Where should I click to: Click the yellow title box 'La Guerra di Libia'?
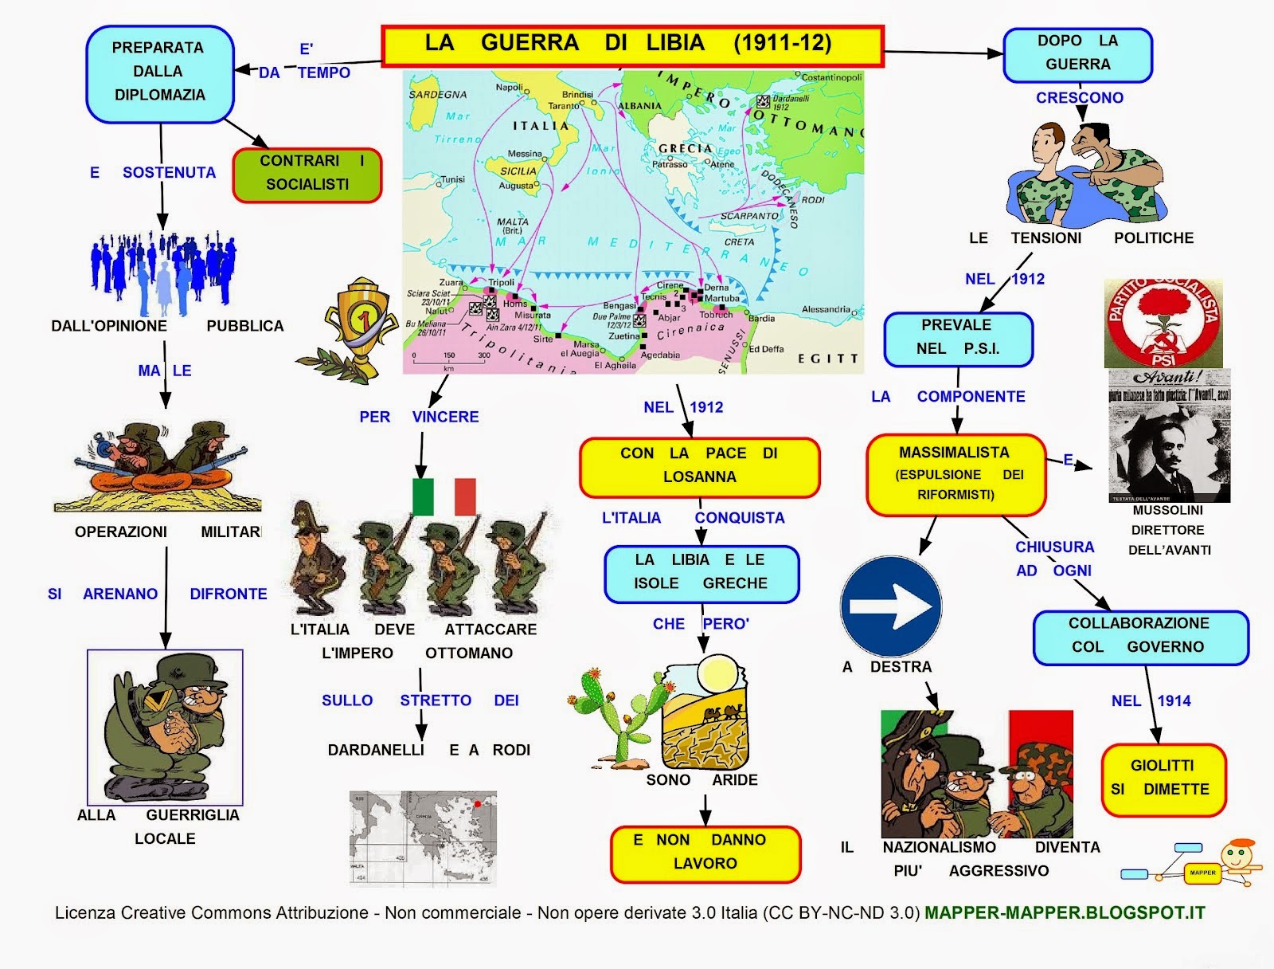(x=632, y=45)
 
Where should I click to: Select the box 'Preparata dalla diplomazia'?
(x=159, y=73)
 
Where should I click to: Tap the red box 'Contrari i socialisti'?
(x=307, y=175)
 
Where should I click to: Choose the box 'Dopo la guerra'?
(x=1077, y=54)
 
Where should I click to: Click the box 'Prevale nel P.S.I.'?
(x=957, y=338)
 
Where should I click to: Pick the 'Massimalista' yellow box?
(x=955, y=474)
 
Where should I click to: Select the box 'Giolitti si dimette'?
(x=1163, y=779)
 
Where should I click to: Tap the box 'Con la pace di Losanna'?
(x=699, y=466)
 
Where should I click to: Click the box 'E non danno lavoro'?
(x=705, y=853)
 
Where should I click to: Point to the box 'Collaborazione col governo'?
(x=1139, y=636)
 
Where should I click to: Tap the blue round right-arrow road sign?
(x=891, y=606)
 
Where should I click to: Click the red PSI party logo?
(x=1163, y=323)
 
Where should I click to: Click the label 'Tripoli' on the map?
(x=501, y=283)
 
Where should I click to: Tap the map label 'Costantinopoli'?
(x=830, y=77)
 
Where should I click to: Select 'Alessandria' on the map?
(x=826, y=309)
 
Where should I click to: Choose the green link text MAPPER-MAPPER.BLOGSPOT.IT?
(x=1065, y=913)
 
